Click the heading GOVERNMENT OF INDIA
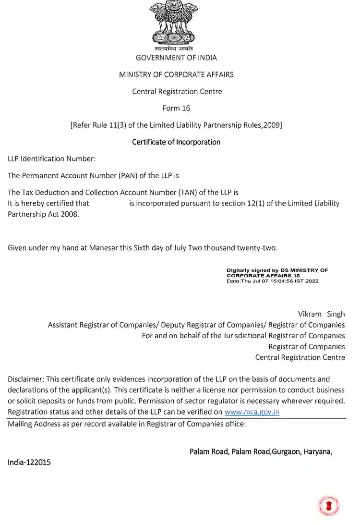[x=176, y=58]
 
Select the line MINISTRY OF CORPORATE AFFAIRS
[x=176, y=74]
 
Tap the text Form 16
[x=176, y=108]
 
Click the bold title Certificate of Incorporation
[x=176, y=142]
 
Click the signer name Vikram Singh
[x=321, y=314]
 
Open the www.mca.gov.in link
[x=252, y=412]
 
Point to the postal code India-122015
[x=29, y=462]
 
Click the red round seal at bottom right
[x=328, y=506]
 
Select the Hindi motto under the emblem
[x=174, y=49]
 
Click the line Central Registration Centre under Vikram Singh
[x=300, y=357]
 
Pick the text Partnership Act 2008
[x=43, y=214]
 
